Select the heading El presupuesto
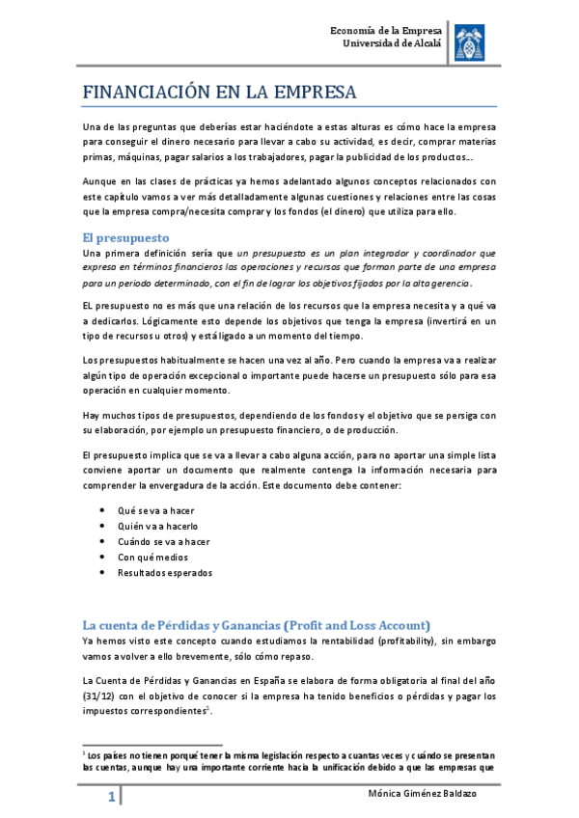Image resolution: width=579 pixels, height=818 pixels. (126, 236)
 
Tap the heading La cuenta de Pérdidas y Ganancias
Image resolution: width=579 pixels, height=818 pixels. (257, 622)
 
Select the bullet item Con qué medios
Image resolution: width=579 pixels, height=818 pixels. (152, 557)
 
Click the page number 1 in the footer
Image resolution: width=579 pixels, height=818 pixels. (112, 797)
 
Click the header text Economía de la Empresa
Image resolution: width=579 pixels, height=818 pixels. (386, 29)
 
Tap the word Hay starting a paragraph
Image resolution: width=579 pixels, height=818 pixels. (92, 415)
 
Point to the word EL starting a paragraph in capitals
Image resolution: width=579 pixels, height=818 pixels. (89, 305)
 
